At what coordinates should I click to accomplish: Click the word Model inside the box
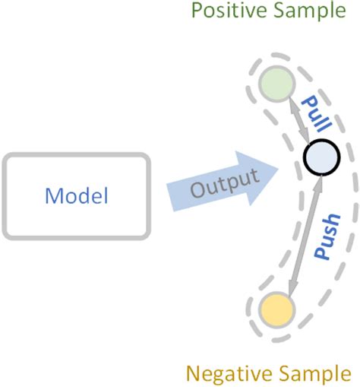[77, 195]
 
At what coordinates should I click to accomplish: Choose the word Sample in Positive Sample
[318, 11]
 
